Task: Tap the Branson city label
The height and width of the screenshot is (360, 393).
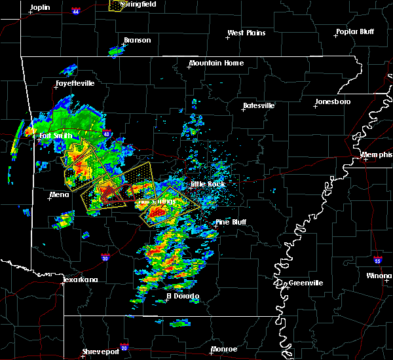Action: pyautogui.click(x=138, y=40)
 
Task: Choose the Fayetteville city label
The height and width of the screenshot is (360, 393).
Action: pyautogui.click(x=75, y=84)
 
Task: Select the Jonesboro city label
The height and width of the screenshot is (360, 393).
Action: pyautogui.click(x=333, y=102)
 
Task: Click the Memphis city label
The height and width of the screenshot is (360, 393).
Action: pyautogui.click(x=377, y=154)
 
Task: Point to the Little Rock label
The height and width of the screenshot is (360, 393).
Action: pyautogui.click(x=208, y=184)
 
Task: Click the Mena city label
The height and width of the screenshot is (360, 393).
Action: pyautogui.click(x=60, y=194)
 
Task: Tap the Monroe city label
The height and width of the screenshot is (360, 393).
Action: pyautogui.click(x=224, y=350)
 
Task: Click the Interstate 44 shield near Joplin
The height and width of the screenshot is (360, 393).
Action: pyautogui.click(x=76, y=11)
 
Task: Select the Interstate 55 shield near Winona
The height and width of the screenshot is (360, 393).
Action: pyautogui.click(x=378, y=260)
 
